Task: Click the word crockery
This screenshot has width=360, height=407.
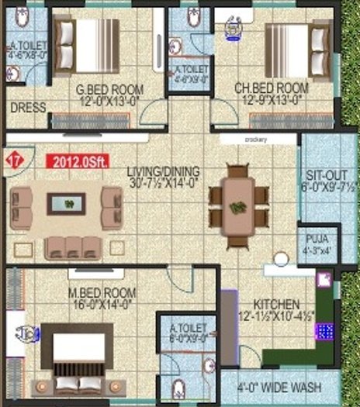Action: point(256,140)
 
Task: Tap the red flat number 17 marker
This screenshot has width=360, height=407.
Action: point(13,160)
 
